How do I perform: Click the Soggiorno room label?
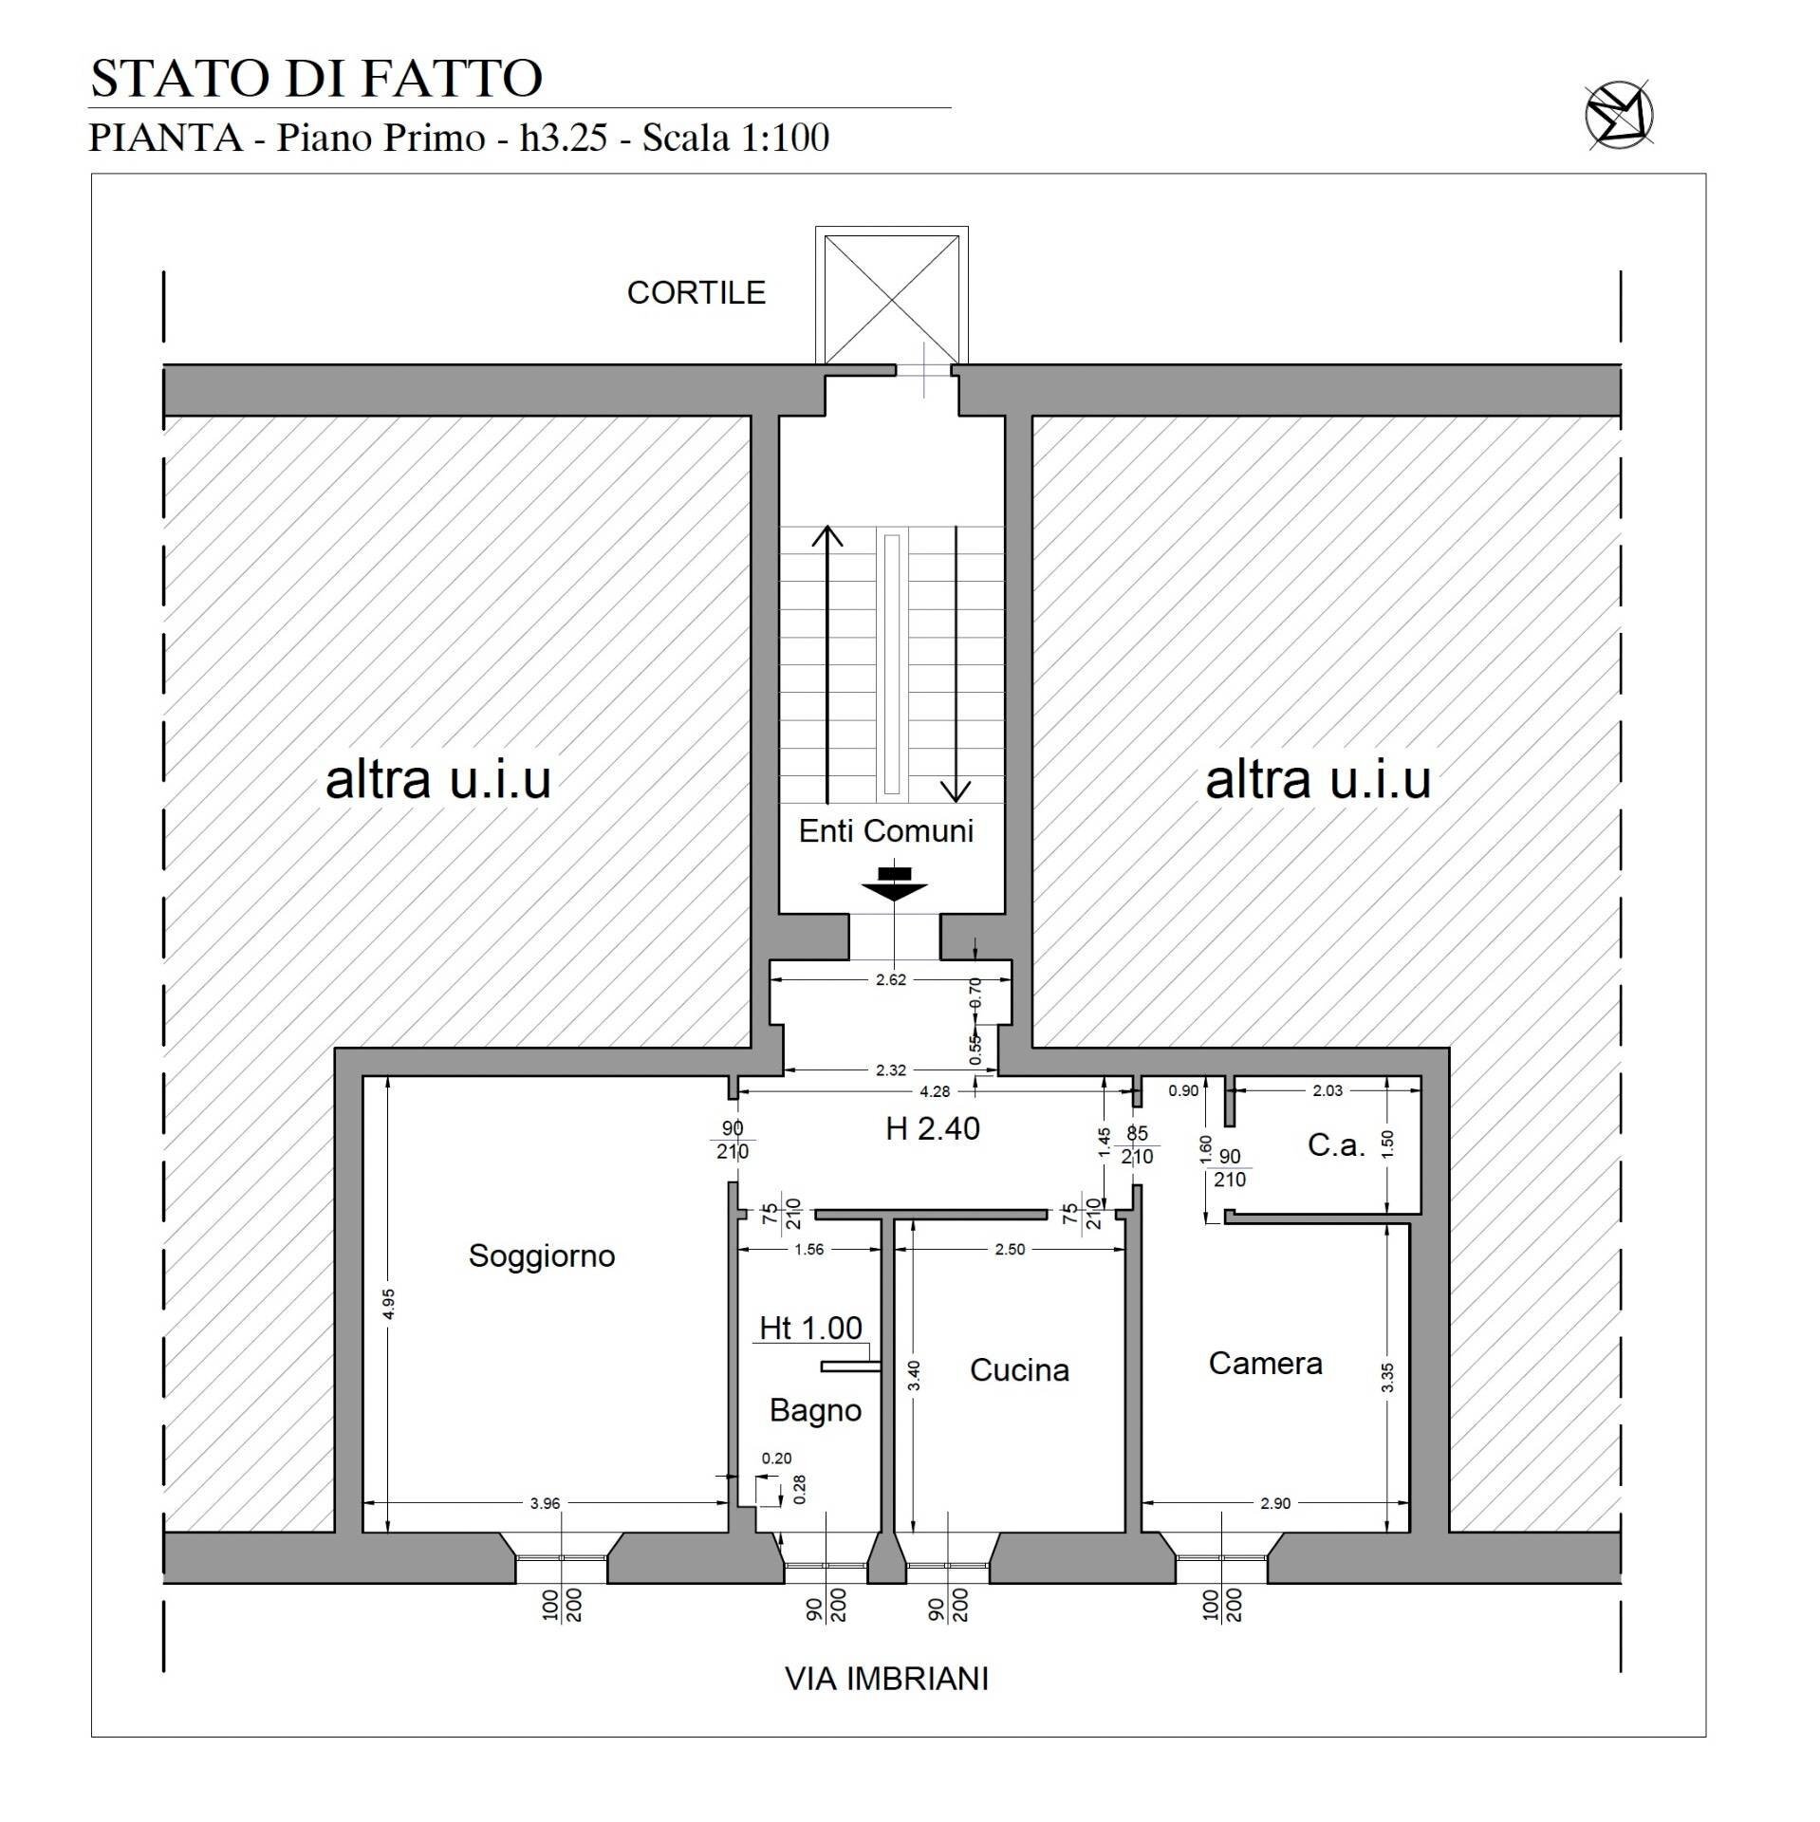(542, 1256)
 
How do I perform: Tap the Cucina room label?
(1019, 1370)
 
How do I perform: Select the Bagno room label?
(815, 1410)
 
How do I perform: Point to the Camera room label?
(1265, 1364)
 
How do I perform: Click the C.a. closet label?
(1336, 1145)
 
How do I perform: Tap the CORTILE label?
(696, 292)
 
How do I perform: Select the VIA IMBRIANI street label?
(886, 1679)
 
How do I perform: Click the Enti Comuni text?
(885, 831)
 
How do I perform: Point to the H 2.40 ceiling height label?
(932, 1128)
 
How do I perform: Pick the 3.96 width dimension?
(545, 1503)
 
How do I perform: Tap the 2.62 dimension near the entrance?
(890, 979)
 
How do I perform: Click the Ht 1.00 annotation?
(810, 1328)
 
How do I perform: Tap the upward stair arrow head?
(827, 537)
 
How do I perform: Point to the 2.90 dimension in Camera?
(1275, 1503)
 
